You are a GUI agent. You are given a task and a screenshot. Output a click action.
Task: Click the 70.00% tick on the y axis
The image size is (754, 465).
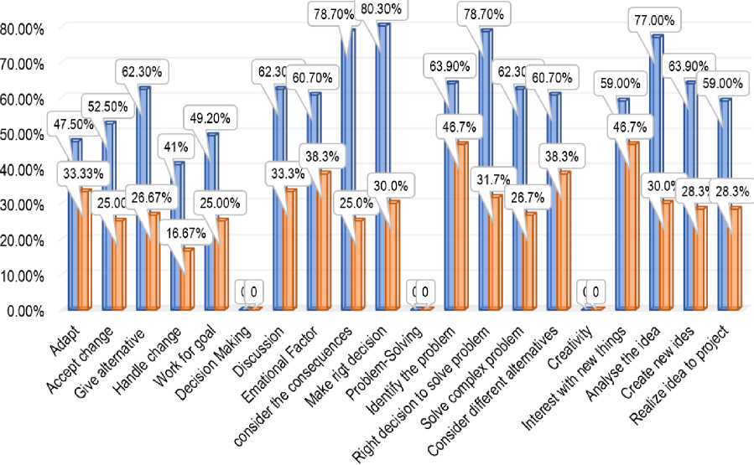pyautogui.click(x=24, y=64)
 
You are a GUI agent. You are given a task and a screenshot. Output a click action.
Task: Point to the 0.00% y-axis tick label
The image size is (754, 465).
pyautogui.click(x=27, y=311)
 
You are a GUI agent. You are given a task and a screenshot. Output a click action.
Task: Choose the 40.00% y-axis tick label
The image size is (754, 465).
pyautogui.click(x=24, y=169)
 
